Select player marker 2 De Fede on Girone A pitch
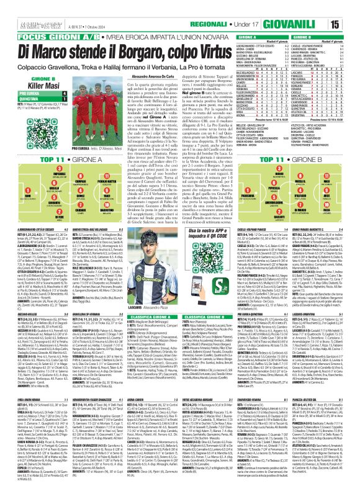(24, 206)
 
